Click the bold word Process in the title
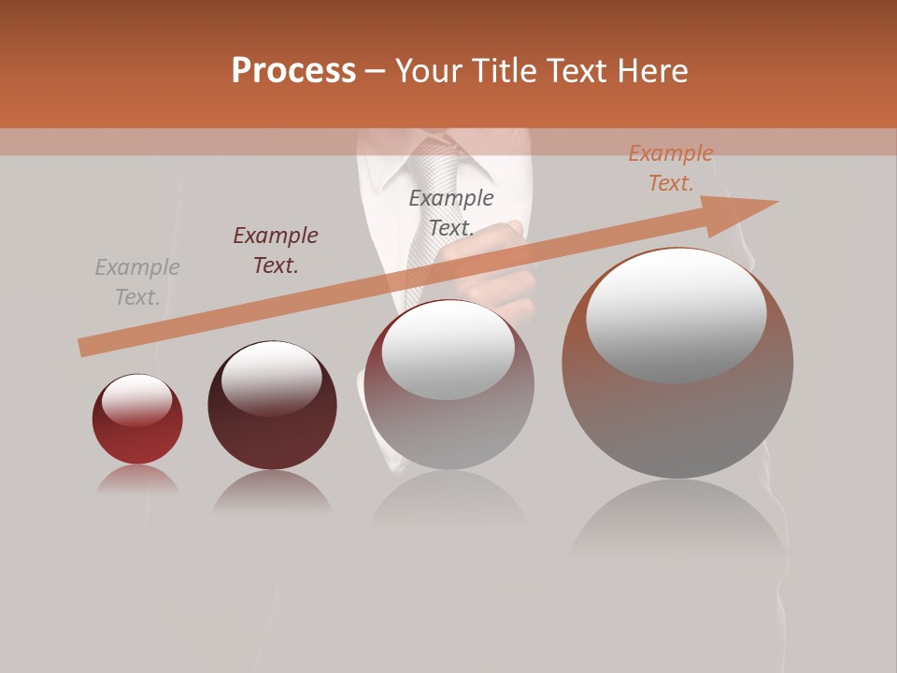click(293, 71)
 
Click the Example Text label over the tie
click(451, 213)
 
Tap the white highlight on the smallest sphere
click(137, 400)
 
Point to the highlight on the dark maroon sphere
click(272, 378)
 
